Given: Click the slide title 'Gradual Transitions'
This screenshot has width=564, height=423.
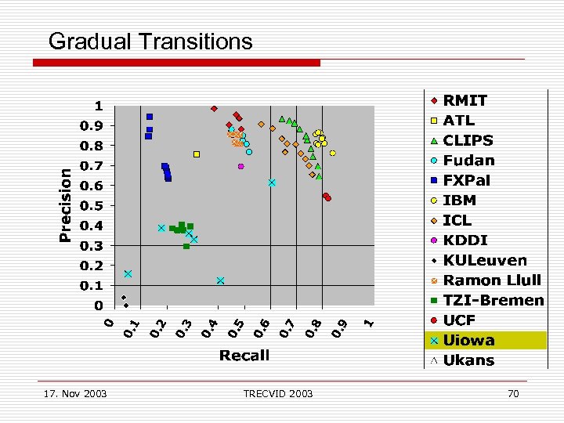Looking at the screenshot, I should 150,41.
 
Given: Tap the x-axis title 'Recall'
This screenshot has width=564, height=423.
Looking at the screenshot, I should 244,356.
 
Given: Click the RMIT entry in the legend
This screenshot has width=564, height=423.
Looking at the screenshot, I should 465,100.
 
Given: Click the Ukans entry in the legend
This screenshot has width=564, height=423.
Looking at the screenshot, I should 468,360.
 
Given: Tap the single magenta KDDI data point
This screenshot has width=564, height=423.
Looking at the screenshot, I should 241,166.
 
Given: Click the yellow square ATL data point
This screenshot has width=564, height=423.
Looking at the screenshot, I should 197,154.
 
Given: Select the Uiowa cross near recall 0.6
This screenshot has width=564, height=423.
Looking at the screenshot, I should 272,183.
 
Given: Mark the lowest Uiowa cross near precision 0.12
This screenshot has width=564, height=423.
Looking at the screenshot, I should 221,280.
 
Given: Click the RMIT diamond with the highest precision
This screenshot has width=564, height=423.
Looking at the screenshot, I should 214,109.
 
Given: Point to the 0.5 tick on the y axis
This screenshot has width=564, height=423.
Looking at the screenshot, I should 94,206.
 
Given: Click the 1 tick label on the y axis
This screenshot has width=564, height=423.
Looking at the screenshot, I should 99,106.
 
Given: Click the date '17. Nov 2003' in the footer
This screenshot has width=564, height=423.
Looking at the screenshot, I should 76,393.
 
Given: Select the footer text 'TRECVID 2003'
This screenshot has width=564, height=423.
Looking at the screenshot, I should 277,393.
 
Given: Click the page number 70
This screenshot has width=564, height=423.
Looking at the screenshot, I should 513,393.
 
